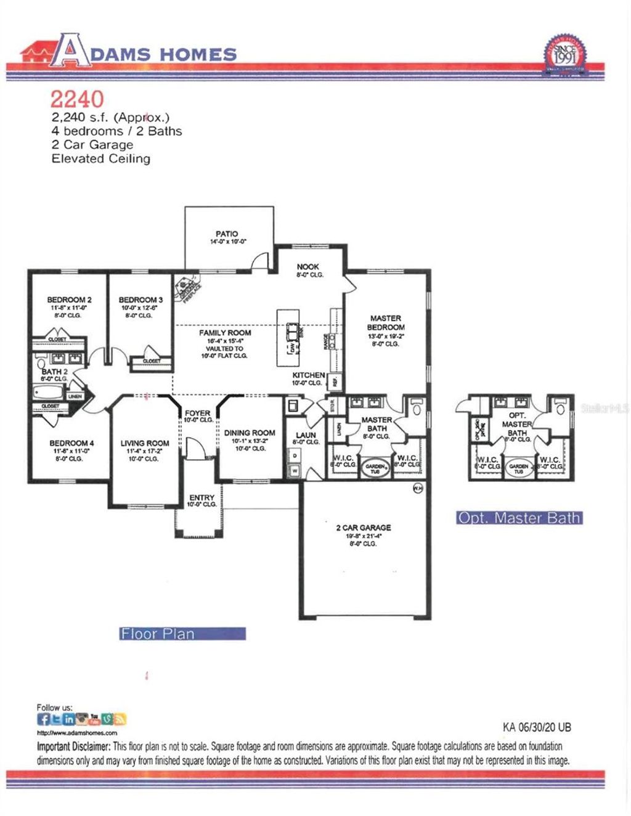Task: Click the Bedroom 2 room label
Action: [x=69, y=300]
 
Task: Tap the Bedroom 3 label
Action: [x=140, y=300]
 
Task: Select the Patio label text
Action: [x=227, y=234]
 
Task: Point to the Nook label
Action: [x=308, y=267]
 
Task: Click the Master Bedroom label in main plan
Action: [x=386, y=323]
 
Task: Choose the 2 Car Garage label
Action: [x=363, y=528]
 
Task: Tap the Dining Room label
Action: [x=250, y=433]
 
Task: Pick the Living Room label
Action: [x=145, y=443]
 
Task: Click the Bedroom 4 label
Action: [x=71, y=443]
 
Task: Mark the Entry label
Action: [x=202, y=497]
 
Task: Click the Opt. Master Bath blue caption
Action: [x=519, y=518]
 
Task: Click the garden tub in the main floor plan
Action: [x=376, y=467]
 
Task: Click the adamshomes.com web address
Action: [x=77, y=733]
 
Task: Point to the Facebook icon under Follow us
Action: [x=43, y=719]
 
